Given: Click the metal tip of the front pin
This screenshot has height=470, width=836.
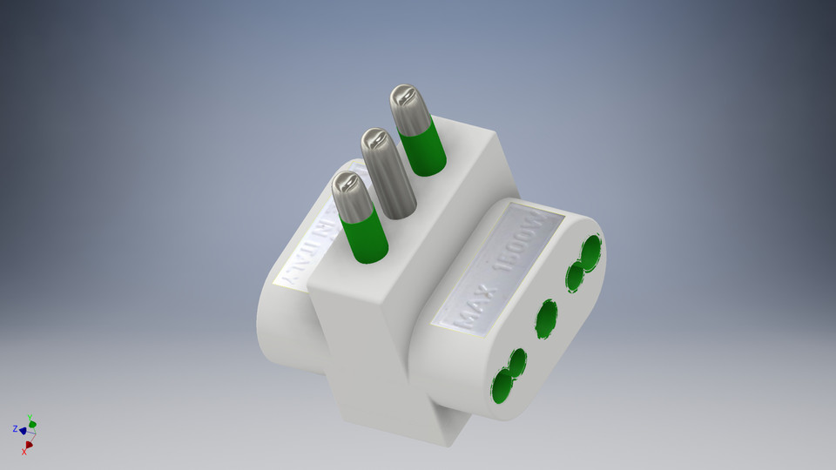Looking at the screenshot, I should [350, 196].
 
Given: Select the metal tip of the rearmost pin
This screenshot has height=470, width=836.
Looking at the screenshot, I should [408, 108].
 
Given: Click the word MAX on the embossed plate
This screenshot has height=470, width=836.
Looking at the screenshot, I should [470, 310].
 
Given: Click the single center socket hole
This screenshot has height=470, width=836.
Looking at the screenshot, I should [546, 319].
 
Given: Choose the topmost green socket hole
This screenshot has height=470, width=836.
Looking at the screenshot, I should [590, 252].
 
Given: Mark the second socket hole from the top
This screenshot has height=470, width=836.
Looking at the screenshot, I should [575, 277].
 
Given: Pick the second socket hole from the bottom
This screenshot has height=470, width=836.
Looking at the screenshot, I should [518, 362].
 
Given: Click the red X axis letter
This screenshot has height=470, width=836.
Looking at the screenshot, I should [24, 453].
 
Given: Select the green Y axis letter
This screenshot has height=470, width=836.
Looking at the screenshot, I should [30, 417].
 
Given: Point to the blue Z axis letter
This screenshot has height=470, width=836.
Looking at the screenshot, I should [15, 429].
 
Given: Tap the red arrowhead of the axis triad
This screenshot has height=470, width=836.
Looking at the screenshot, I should [29, 445].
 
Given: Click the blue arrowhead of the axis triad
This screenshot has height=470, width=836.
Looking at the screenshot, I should [23, 431].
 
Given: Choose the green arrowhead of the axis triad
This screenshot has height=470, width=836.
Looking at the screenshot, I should [33, 424].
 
